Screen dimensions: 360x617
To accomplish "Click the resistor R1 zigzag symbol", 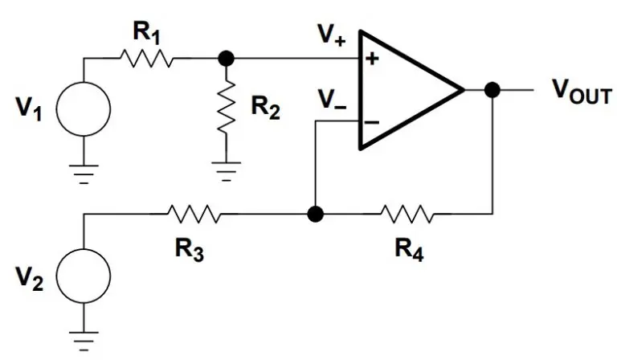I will point(146,59).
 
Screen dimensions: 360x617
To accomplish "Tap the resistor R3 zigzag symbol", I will point(194,215).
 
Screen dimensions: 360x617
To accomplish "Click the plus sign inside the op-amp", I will point(372,59).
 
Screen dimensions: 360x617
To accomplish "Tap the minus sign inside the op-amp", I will point(372,121).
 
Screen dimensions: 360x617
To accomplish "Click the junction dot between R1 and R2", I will point(227,59).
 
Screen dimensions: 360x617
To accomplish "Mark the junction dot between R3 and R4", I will point(316,215).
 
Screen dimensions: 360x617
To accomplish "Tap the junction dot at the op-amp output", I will point(492,89).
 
